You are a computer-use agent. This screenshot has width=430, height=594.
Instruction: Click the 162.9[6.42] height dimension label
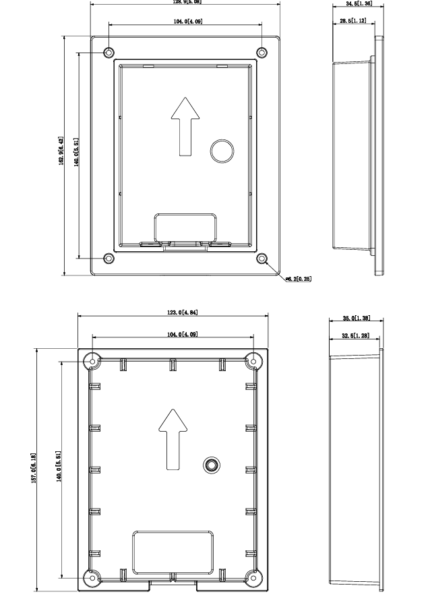tap(61, 155)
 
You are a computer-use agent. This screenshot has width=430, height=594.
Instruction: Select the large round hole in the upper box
tap(221, 150)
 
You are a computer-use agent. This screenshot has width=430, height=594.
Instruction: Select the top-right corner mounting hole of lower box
tap(253, 362)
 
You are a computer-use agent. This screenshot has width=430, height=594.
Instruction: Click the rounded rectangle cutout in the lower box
tap(173, 549)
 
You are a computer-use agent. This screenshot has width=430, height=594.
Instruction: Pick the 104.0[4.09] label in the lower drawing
tap(173, 335)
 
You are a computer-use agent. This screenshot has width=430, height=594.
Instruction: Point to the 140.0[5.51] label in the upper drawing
tap(77, 155)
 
